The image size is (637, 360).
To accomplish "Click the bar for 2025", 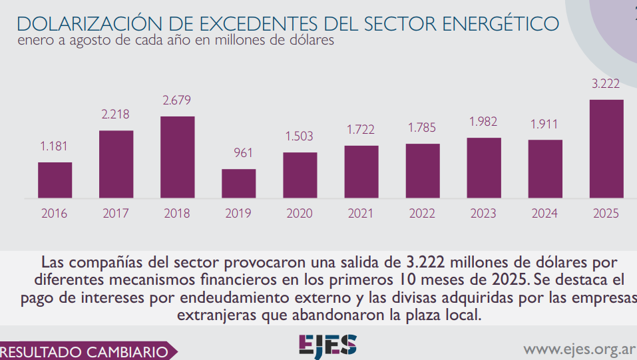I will tap(606, 149).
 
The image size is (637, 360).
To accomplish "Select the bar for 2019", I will tap(238, 184).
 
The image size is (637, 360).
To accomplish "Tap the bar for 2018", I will tap(178, 157).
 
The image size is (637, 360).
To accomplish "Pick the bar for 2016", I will tap(55, 180).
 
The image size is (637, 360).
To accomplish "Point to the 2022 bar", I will tap(423, 171).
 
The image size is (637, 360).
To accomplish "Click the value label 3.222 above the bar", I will tap(606, 85).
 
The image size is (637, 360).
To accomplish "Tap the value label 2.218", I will tap(116, 114).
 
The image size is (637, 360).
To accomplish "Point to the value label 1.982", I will tap(483, 122).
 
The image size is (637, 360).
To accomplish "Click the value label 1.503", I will tap(300, 136).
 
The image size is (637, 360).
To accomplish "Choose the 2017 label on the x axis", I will tap(116, 214).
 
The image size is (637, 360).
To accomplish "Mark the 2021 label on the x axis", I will tap(361, 214).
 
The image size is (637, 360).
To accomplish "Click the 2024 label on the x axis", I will tap(544, 214).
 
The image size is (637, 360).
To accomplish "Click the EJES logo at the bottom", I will tap(327, 345).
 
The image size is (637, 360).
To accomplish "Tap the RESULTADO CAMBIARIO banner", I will tap(85, 351).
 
